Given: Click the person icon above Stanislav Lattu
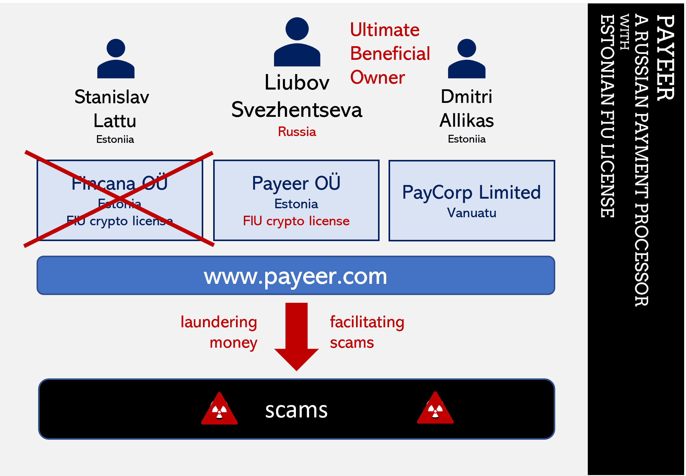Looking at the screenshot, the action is point(116,59).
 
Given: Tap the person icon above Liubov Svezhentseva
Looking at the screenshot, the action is point(297,42).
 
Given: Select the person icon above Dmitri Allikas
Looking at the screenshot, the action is point(467,59).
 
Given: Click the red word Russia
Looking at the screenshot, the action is point(297,132).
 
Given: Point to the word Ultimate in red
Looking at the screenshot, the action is point(385,30).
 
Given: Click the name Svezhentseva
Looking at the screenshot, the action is point(297,110).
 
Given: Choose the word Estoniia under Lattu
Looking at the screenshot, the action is point(115,139).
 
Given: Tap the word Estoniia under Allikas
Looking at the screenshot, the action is point(467,139).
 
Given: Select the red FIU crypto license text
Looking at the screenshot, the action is point(296,221).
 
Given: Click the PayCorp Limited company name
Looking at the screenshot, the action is point(472,192).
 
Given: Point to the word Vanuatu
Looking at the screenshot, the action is point(472,213).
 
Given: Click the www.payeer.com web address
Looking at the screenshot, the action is point(296,277).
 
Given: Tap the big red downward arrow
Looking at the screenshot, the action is point(297,337).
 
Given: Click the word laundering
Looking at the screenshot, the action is point(219,323).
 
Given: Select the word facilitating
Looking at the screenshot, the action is point(367,322).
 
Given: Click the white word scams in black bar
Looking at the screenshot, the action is point(296,410).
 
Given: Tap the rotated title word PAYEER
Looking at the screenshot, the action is point(665,58).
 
